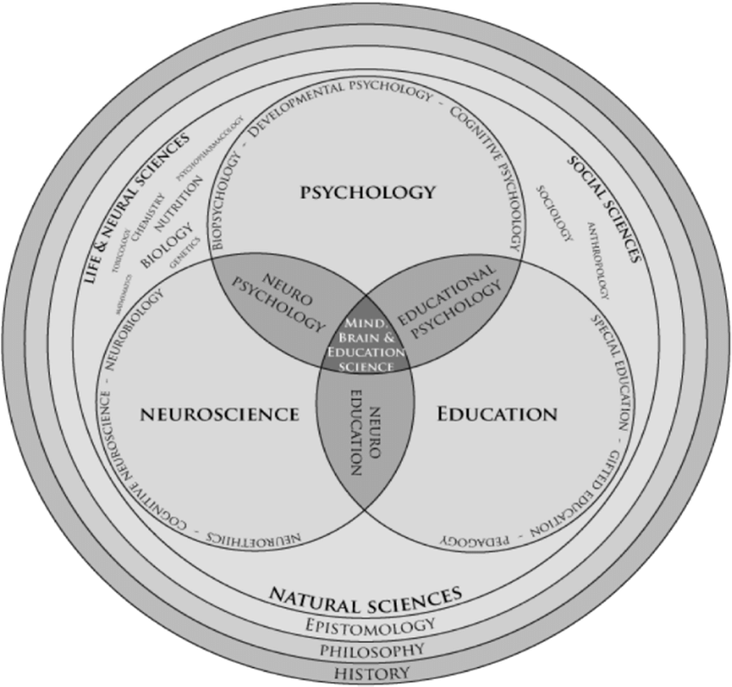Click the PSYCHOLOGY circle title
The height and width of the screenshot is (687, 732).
(x=368, y=191)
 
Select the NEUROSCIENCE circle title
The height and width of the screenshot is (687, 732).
(x=220, y=414)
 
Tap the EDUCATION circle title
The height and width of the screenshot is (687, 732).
(x=497, y=414)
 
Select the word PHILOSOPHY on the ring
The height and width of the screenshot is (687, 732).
(x=366, y=648)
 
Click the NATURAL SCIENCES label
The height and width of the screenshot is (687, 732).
(x=366, y=596)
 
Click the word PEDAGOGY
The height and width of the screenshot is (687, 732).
(x=471, y=540)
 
